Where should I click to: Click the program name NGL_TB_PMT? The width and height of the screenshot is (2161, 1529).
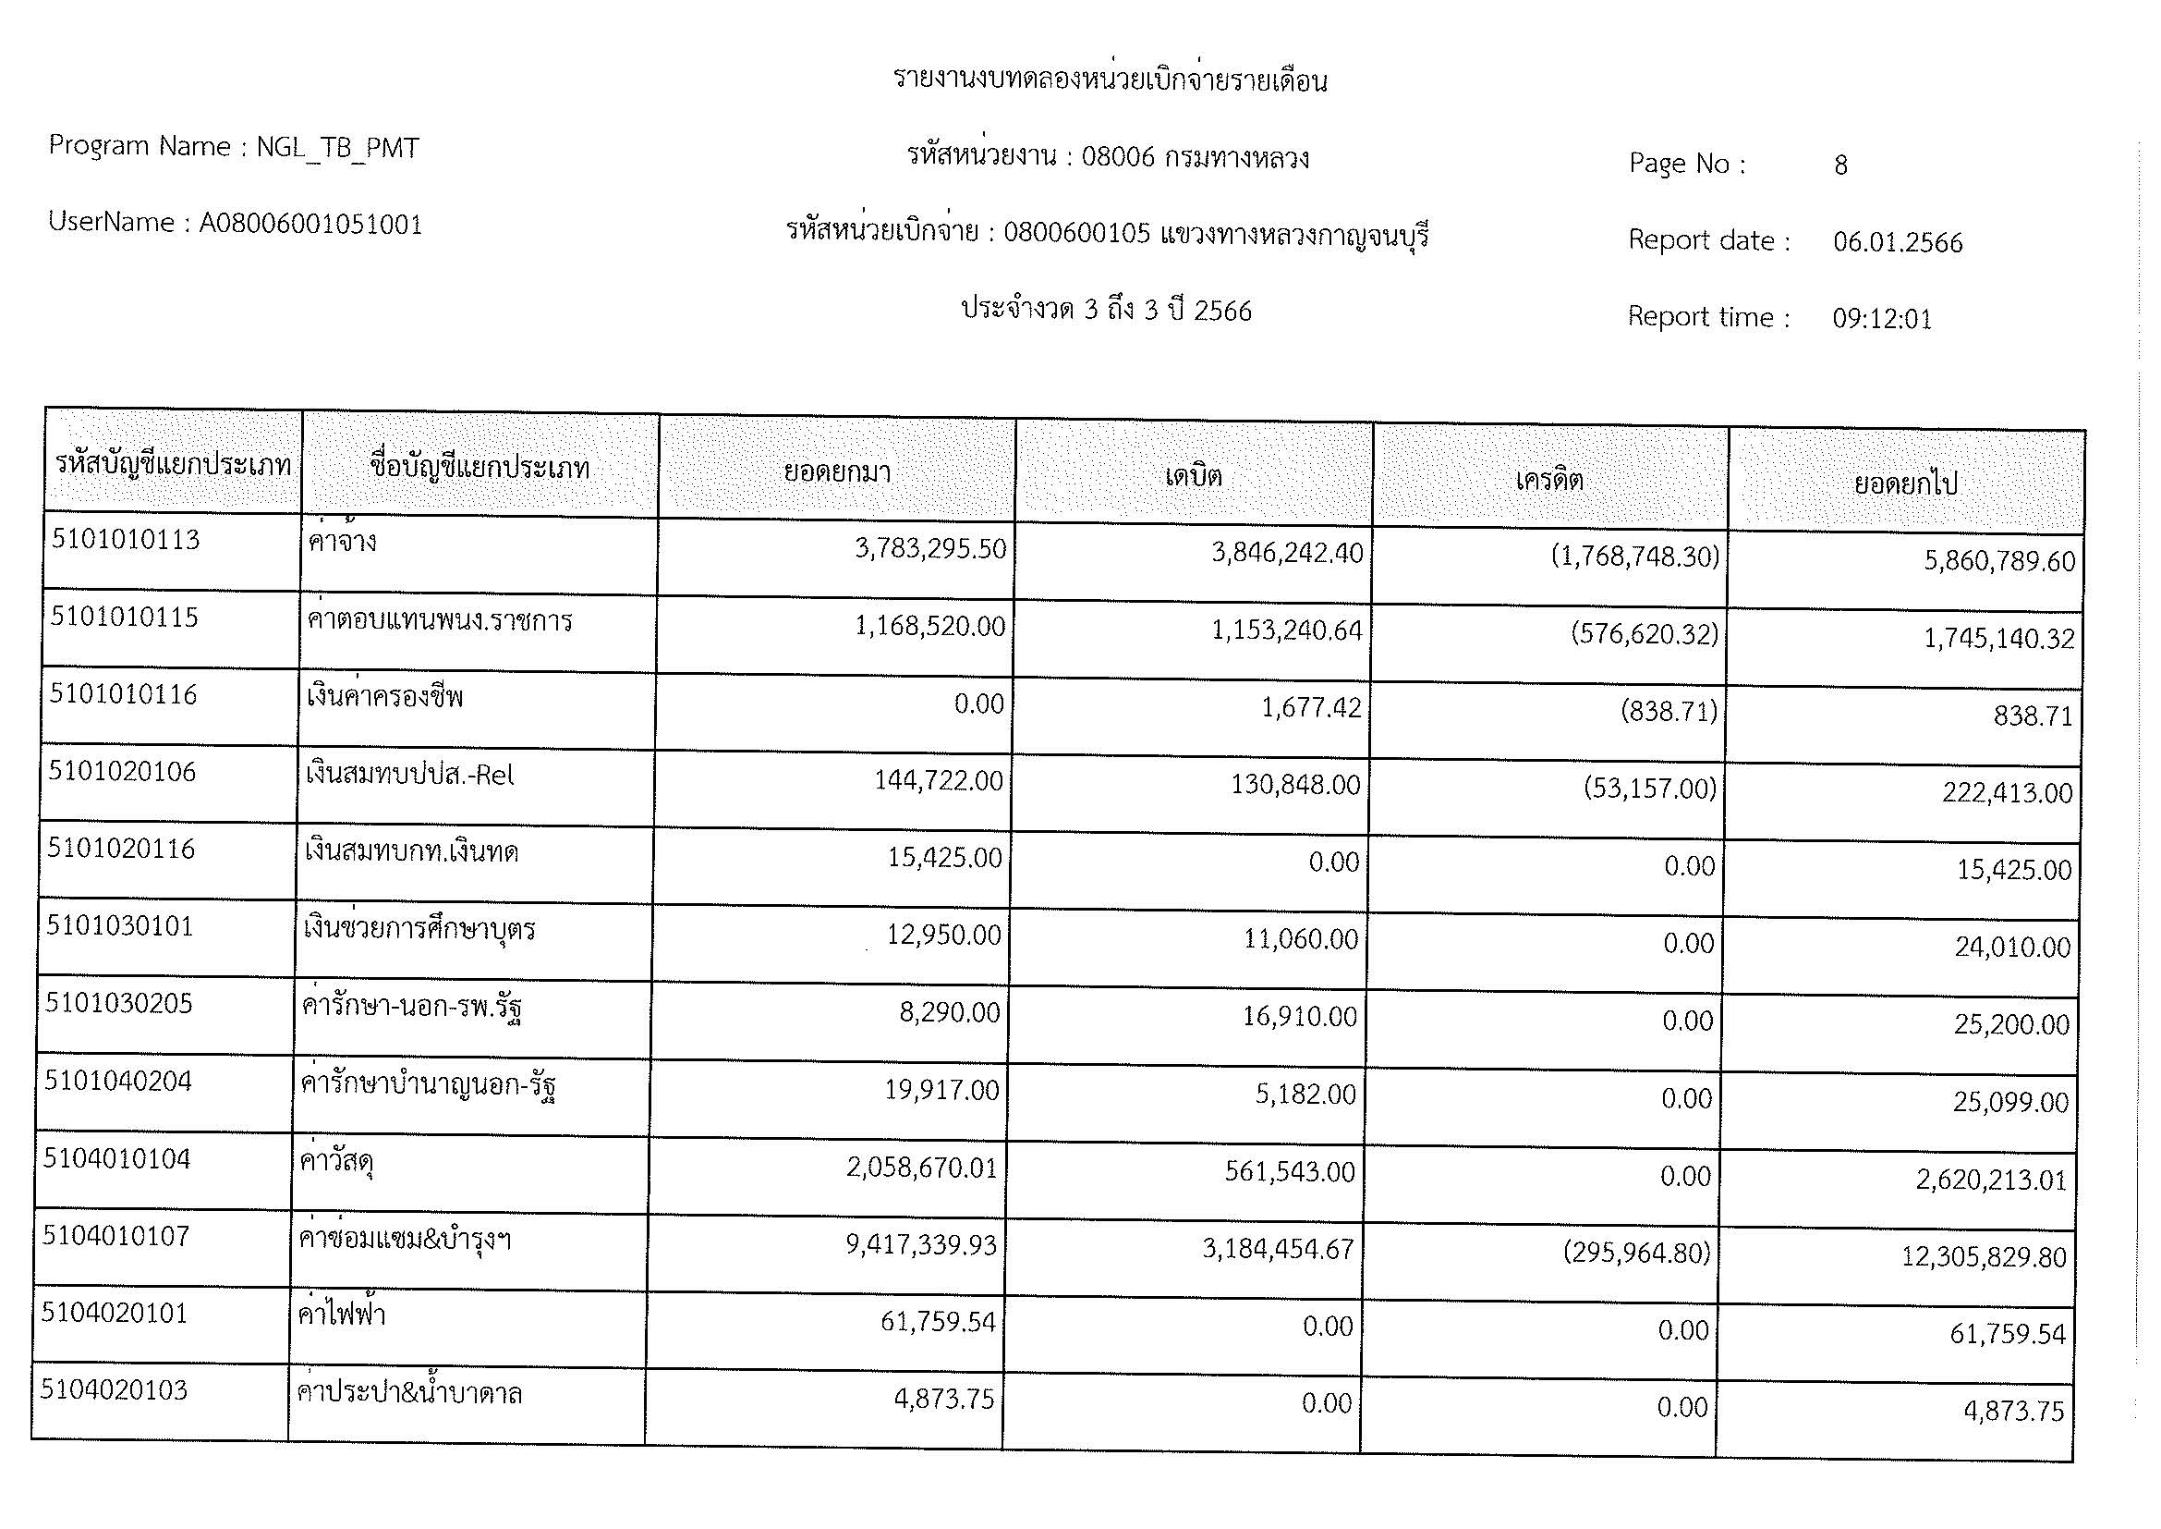pos(338,148)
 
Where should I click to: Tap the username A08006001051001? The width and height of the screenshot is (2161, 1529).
pos(310,224)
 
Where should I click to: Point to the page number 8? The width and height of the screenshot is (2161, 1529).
pos(1841,165)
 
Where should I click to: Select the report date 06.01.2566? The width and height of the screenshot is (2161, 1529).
pos(1898,243)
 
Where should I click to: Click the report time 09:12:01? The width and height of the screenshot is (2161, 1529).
pos(1881,319)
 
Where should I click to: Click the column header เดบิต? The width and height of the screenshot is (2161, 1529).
pos(1194,475)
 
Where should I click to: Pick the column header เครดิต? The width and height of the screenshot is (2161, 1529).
pos(1549,480)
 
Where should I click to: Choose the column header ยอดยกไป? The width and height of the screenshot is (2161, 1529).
pos(1905,483)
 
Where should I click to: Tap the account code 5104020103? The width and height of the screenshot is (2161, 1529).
pos(114,1389)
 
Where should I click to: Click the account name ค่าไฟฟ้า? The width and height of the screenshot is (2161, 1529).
pos(341,1315)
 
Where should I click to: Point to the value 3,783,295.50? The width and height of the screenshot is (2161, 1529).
pos(930,549)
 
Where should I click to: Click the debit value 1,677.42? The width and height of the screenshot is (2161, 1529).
pos(1311,707)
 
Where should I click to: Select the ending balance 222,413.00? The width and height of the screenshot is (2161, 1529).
pos(2007,793)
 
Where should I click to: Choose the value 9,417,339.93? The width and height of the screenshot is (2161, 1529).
pos(920,1244)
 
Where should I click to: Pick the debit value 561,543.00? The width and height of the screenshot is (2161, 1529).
pos(1290,1172)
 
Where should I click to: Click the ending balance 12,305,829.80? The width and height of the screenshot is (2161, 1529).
pos(1983,1257)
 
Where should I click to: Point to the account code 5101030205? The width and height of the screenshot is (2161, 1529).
pos(118,1004)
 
